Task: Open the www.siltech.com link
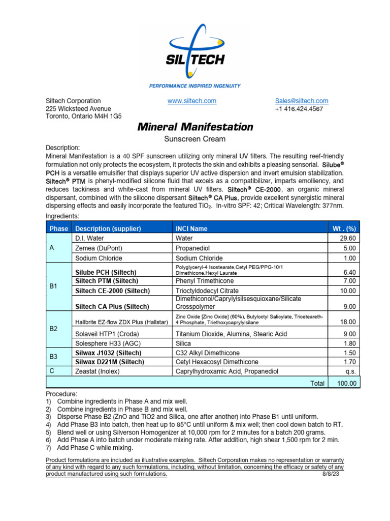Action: (x=192, y=101)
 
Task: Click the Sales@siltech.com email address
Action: (x=302, y=101)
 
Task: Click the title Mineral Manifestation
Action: (x=195, y=127)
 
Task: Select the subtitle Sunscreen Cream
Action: (x=195, y=138)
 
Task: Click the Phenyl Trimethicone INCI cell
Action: (x=205, y=281)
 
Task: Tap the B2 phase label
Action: (x=54, y=329)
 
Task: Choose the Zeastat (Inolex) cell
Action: (x=97, y=371)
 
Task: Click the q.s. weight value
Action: (x=351, y=371)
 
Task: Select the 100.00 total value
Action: (x=346, y=383)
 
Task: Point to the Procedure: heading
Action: (x=62, y=394)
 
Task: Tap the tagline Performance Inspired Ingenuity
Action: (x=195, y=86)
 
